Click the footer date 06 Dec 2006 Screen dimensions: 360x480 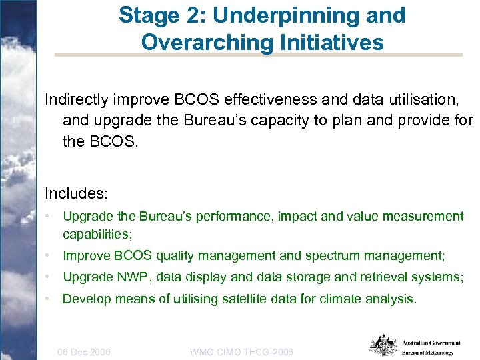tap(84, 351)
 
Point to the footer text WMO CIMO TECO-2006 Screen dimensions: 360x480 tap(241, 351)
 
